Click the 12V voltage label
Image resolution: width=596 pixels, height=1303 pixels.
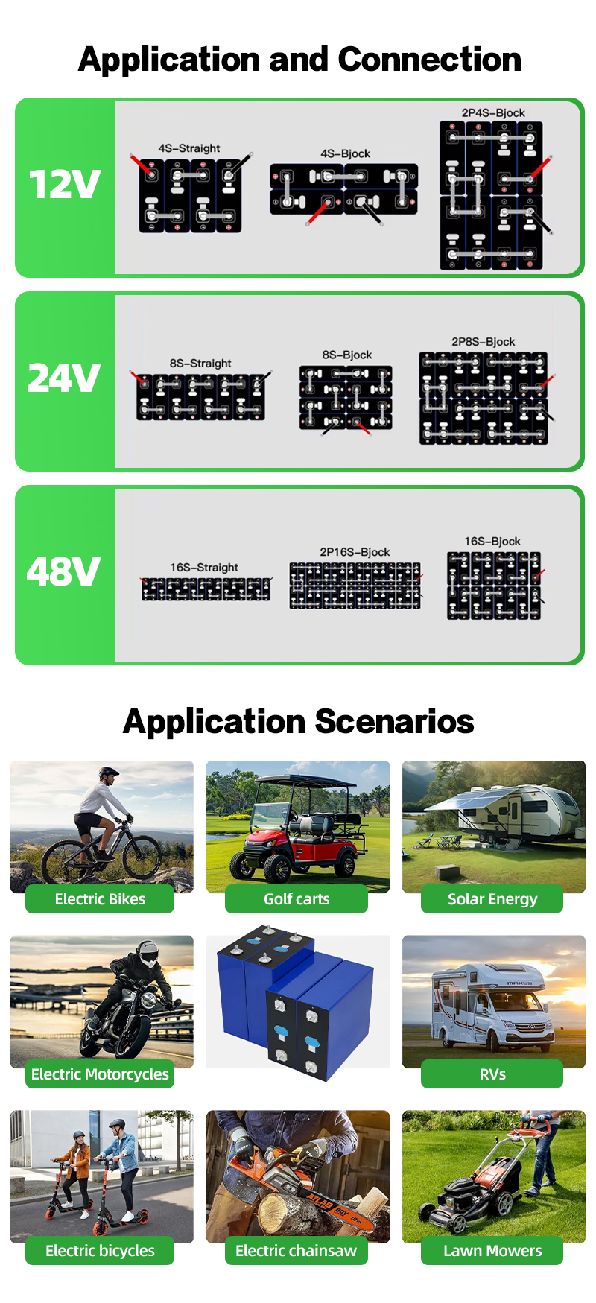[x=64, y=184]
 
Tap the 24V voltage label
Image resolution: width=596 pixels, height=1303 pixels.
[x=64, y=378]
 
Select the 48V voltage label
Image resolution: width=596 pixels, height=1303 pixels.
[x=64, y=571]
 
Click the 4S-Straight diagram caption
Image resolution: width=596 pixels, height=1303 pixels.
[x=189, y=148]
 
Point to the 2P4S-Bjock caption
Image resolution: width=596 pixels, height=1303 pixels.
[x=493, y=112]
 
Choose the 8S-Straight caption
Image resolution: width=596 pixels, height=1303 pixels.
[x=200, y=363]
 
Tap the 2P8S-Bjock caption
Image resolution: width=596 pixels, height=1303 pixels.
[x=484, y=341]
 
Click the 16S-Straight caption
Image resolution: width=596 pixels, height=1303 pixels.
[x=204, y=567]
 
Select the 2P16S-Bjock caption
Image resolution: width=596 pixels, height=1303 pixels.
[x=355, y=551]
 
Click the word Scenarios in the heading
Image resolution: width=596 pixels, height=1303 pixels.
[x=394, y=721]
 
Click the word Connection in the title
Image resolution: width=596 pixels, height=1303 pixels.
[x=430, y=59]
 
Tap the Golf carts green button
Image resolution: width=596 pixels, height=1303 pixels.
[x=297, y=899]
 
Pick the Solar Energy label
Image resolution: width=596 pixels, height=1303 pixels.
[x=492, y=899]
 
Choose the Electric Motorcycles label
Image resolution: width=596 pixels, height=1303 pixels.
[x=100, y=1074]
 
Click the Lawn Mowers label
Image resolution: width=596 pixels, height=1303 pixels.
[x=492, y=1251]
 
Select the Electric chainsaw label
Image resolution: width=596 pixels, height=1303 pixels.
[x=297, y=1251]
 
